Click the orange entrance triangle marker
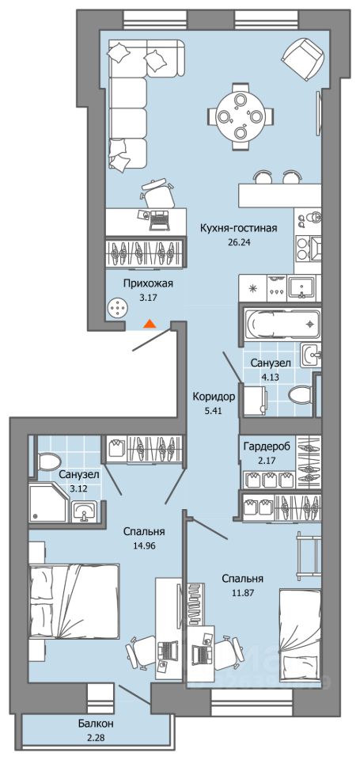(x=150, y=324)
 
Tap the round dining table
(x=241, y=116)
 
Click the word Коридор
(x=213, y=397)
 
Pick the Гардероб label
(x=267, y=446)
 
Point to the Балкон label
(x=96, y=724)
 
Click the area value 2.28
(x=96, y=738)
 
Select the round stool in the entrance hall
(x=118, y=308)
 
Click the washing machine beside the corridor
(x=256, y=400)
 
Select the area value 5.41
(x=213, y=411)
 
